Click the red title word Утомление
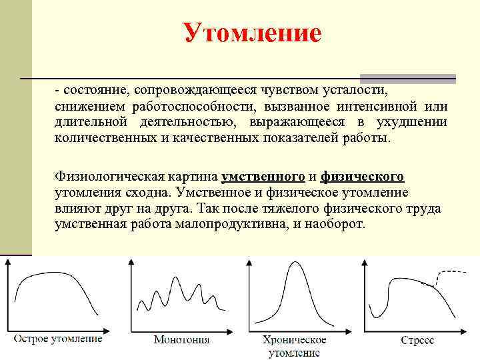point(251,32)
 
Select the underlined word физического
point(362,177)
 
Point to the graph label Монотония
point(181,339)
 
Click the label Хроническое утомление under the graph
point(294,346)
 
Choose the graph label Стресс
point(417,339)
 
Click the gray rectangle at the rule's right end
point(407,78)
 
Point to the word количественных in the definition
point(102,138)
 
